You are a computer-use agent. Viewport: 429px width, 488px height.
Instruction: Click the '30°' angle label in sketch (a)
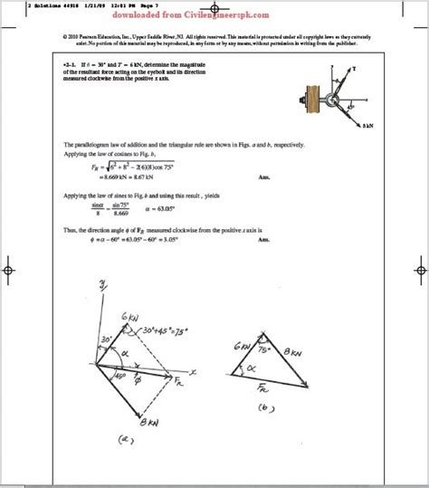point(107,340)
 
